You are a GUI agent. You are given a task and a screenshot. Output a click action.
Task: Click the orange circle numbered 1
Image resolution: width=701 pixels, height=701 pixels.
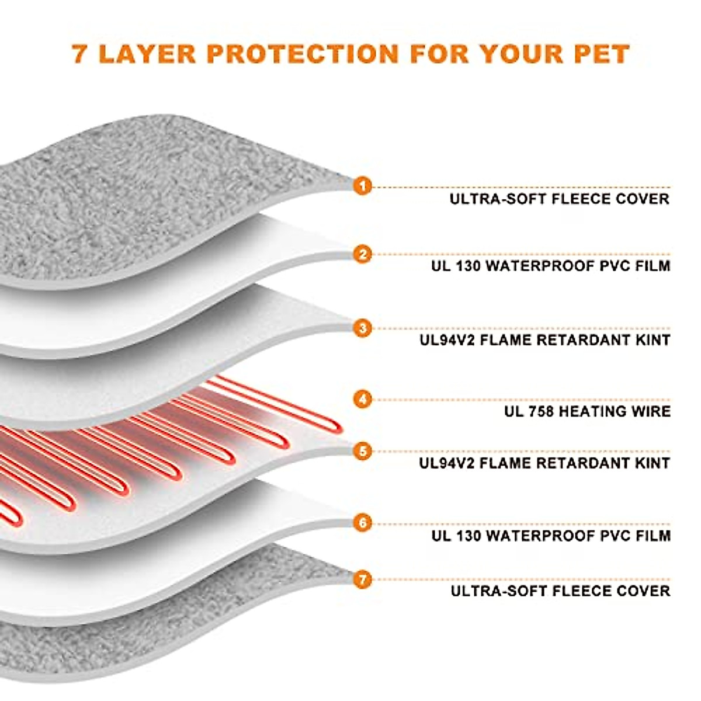tap(363, 186)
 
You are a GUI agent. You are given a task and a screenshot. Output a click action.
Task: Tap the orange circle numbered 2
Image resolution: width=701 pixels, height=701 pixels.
tap(363, 254)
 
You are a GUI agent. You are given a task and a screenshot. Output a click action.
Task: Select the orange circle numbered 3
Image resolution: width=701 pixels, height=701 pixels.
tap(363, 328)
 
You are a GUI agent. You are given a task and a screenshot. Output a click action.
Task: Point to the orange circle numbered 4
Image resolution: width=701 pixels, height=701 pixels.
tap(363, 400)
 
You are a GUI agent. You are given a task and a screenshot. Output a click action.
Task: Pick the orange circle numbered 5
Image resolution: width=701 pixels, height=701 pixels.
tap(363, 451)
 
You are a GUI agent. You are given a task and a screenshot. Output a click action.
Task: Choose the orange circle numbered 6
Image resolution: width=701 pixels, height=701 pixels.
tap(363, 522)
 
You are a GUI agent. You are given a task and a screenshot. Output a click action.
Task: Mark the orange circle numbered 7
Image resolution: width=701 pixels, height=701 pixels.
tap(363, 579)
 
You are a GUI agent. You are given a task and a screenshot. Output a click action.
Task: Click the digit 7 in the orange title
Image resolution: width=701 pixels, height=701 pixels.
tap(81, 53)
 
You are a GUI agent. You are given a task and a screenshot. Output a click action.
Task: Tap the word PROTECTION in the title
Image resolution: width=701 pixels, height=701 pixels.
tap(302, 53)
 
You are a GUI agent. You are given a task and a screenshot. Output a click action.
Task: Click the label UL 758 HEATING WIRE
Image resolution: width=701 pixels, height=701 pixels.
tap(587, 411)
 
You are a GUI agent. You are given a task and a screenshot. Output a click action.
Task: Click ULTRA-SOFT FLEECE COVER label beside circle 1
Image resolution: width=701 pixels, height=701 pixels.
tap(559, 199)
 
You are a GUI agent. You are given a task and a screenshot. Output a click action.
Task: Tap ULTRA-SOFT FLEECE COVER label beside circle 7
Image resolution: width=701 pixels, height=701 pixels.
tap(560, 591)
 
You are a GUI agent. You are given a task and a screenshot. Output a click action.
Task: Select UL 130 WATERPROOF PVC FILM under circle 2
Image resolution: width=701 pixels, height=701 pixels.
tap(551, 266)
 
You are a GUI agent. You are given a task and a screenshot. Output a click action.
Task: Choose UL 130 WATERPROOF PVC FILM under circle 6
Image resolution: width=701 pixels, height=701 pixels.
tap(551, 535)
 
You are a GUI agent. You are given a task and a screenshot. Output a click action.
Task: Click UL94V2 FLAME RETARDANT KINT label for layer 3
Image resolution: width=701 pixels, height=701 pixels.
tap(544, 340)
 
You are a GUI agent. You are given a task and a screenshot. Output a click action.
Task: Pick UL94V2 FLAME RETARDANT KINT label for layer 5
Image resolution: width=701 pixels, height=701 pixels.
tap(544, 463)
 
